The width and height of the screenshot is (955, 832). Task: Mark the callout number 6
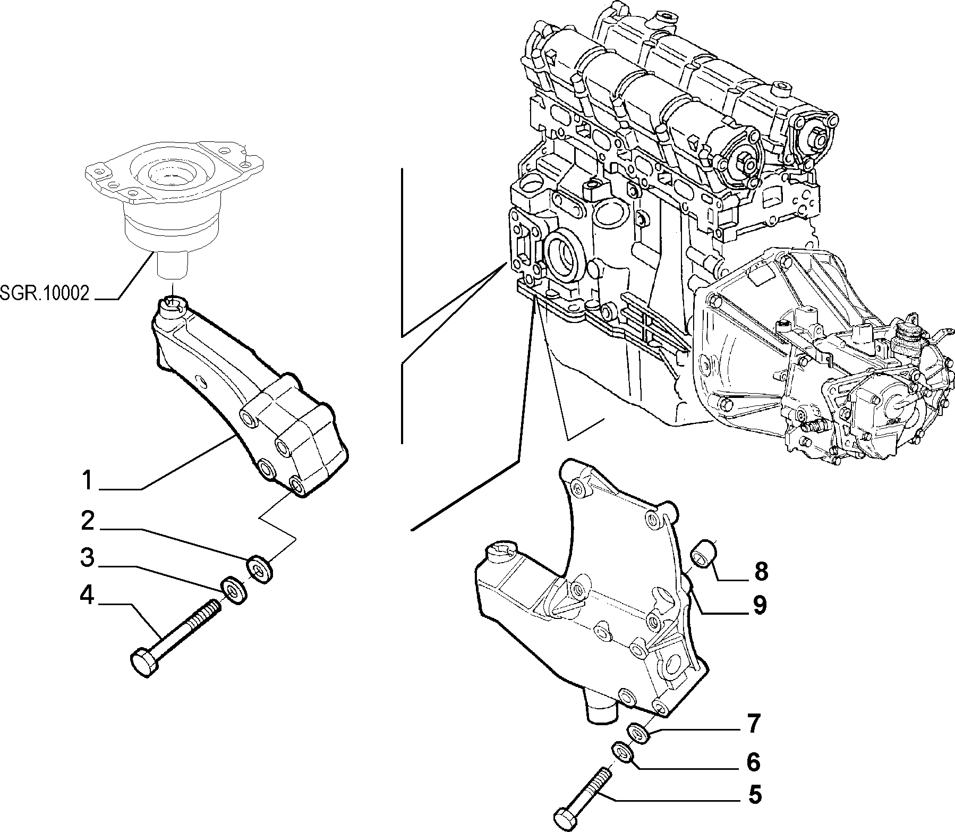click(754, 762)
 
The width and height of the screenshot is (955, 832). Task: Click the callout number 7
click(754, 724)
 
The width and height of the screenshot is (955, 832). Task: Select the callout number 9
click(760, 605)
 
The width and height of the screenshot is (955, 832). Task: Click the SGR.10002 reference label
click(45, 294)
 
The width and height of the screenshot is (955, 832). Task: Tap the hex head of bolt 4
click(144, 662)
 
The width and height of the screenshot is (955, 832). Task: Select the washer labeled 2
click(260, 568)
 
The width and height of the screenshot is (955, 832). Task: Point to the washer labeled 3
click(234, 589)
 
